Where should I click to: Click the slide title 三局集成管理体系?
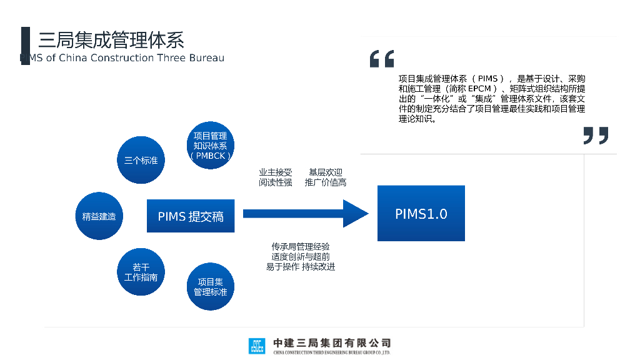[x=111, y=40]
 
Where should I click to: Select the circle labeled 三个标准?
[x=141, y=160]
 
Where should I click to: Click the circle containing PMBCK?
[x=211, y=146]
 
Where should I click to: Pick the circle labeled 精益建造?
[x=99, y=216]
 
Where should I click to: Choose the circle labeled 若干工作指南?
[x=141, y=272]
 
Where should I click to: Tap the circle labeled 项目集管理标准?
[x=211, y=287]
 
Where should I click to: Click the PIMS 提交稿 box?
[x=191, y=216]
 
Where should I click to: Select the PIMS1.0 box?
[x=421, y=214]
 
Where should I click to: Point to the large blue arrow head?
[x=356, y=214]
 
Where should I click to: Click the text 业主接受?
[x=275, y=172]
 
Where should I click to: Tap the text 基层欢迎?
[x=326, y=172]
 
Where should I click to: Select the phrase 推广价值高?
[x=326, y=182]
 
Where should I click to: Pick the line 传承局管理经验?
[x=301, y=247]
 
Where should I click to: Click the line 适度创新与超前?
[x=301, y=257]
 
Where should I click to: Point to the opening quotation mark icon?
[x=382, y=59]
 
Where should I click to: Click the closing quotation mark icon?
[x=596, y=135]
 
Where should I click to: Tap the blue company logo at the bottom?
[x=256, y=346]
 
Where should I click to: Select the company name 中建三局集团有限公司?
[x=332, y=343]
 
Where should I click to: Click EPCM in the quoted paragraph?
[x=480, y=89]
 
